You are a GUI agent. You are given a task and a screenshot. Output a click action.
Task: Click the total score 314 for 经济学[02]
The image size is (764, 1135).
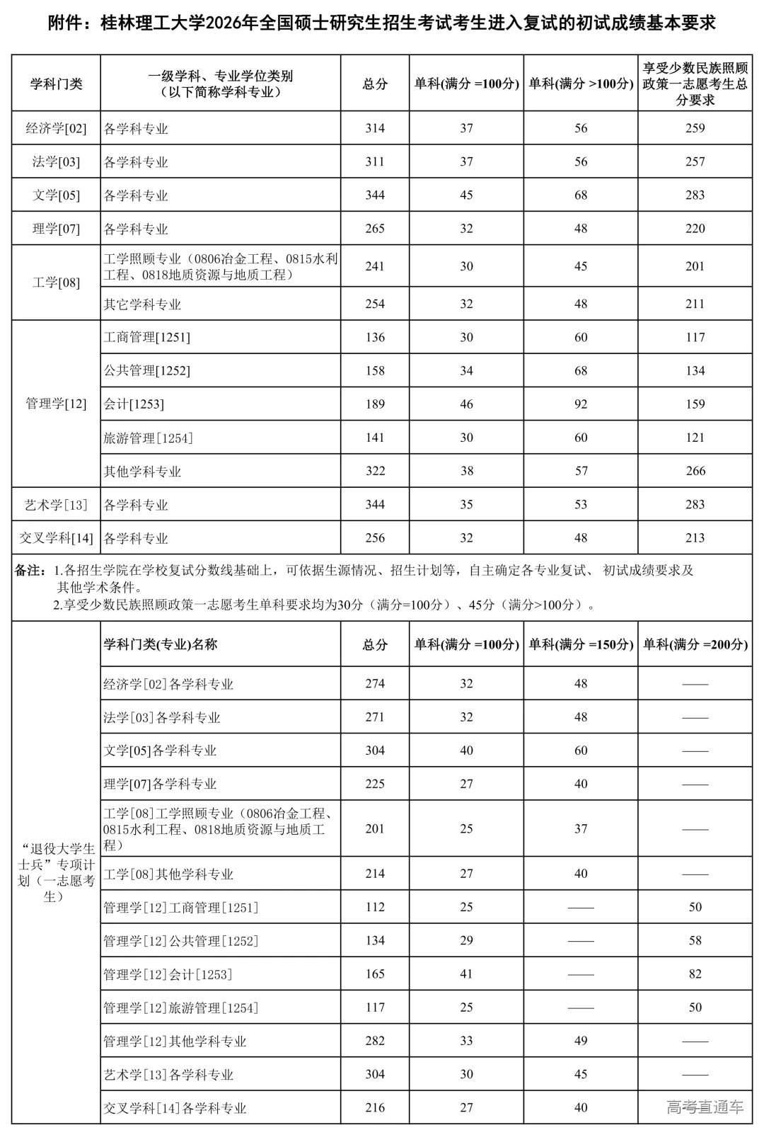(375, 128)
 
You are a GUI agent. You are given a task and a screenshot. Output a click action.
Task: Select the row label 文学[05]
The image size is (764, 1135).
(56, 195)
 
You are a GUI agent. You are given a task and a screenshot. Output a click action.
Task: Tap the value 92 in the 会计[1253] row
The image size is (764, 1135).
(581, 404)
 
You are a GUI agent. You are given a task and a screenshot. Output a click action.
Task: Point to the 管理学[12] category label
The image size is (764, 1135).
(56, 404)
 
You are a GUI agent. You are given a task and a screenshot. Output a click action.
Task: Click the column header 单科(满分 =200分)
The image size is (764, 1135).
(695, 644)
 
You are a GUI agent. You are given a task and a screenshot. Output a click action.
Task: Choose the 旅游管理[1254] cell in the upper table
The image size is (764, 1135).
(149, 438)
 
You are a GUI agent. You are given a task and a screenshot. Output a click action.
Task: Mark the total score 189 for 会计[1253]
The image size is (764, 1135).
(375, 404)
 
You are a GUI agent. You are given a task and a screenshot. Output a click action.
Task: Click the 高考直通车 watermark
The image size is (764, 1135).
(705, 1107)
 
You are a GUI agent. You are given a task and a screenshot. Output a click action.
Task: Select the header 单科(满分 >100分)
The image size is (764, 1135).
(581, 84)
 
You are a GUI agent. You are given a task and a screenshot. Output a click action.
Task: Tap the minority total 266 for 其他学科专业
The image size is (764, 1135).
(695, 472)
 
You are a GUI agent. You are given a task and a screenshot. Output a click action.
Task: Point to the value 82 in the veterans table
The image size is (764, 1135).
(695, 974)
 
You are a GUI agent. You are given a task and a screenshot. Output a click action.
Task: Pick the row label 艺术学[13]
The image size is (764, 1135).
(56, 505)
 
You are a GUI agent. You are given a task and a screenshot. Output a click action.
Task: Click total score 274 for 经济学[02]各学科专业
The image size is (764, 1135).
(375, 684)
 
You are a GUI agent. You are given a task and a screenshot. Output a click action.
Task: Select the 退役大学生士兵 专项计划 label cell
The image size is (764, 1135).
(56, 872)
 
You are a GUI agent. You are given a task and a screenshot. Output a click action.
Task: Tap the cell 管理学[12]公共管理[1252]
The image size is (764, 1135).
(181, 941)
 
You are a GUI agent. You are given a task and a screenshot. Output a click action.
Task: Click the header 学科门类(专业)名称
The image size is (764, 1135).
(161, 644)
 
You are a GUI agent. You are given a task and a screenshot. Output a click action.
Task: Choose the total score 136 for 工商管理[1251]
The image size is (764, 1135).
(375, 338)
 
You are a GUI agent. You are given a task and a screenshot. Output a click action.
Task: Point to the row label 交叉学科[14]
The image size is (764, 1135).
(56, 538)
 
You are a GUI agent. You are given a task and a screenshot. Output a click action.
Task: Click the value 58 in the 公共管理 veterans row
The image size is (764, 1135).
(695, 941)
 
